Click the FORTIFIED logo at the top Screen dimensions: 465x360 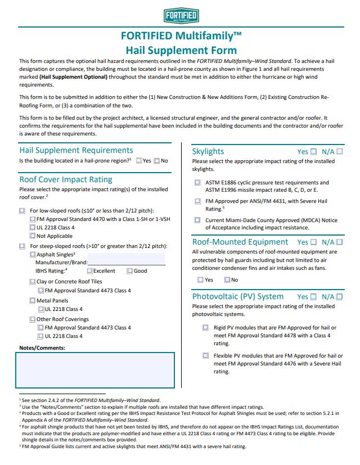181,15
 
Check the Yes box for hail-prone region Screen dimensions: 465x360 139,161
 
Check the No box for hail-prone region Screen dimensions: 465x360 157,161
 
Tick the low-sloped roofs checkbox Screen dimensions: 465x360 22,211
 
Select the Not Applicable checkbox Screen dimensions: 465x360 33,236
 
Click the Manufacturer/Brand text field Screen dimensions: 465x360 126,263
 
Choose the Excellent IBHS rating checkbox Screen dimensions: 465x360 90,271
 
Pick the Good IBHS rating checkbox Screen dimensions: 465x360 130,271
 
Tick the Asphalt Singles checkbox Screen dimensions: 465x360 33,254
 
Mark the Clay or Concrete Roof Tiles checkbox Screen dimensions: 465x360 33,282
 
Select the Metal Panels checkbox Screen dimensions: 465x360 33,301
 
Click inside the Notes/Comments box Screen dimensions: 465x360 94,370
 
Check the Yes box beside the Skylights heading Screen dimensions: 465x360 313,151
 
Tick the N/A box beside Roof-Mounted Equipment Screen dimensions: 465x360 339,242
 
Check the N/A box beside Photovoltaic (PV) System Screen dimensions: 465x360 339,296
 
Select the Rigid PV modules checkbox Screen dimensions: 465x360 206,327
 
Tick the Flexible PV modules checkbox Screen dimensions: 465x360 206,355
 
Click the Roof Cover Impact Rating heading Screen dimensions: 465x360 66,179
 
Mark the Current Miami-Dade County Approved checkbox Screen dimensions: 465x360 197,220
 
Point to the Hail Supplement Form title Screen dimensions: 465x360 181,49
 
